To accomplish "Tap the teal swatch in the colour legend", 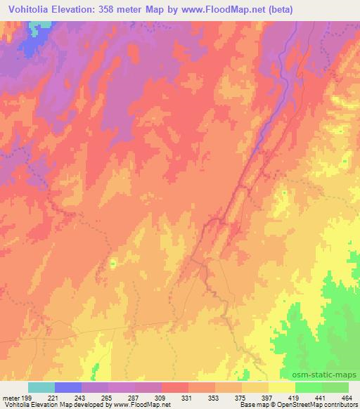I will tap(41, 387).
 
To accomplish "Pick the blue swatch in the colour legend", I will tap(68, 387).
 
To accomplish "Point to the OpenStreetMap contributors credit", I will tap(323, 405).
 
